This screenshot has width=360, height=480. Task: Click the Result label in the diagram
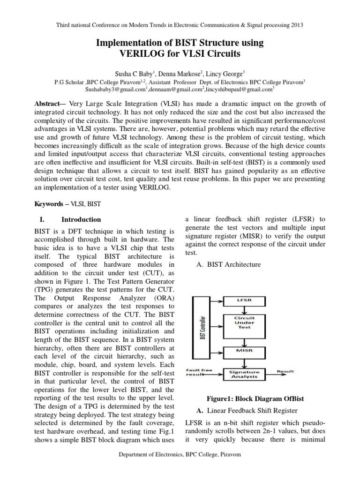[285, 371]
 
